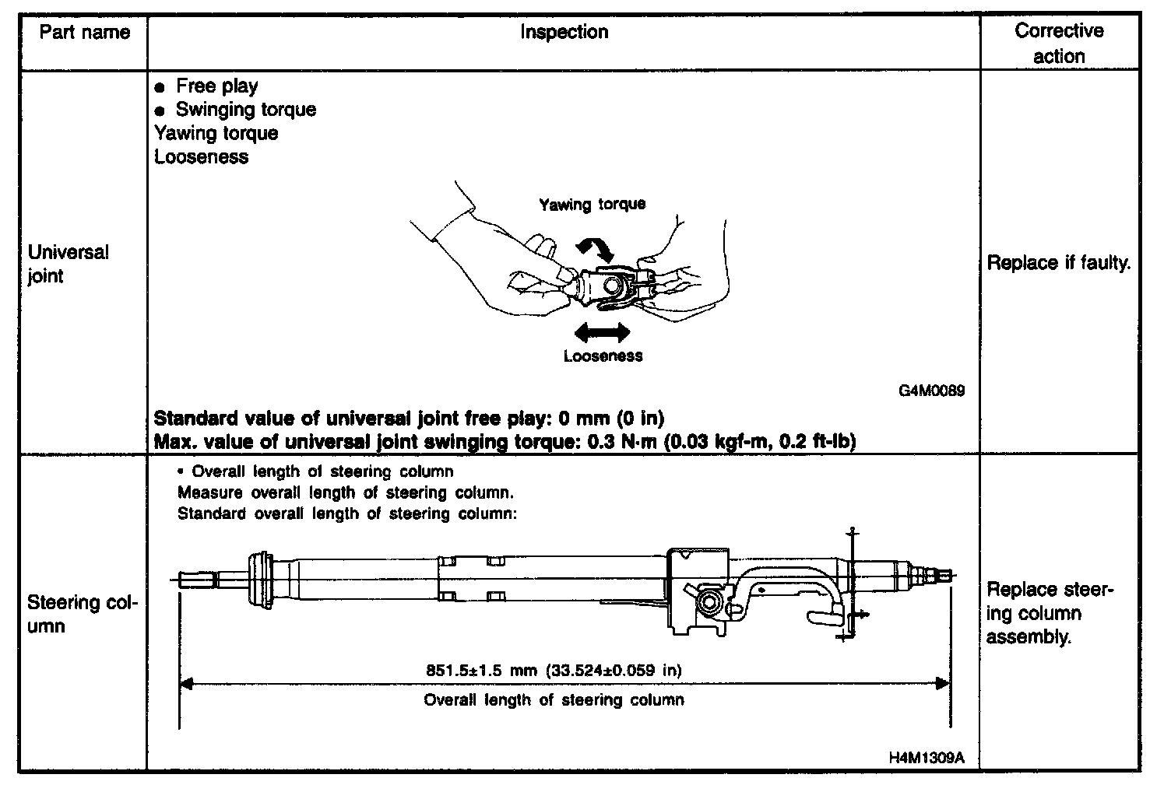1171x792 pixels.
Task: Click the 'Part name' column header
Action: (x=84, y=33)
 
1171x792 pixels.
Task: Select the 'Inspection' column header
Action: (x=564, y=32)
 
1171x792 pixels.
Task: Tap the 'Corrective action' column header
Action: (x=1059, y=44)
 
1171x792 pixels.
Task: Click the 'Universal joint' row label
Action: (x=69, y=265)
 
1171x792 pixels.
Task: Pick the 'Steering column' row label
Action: (x=83, y=614)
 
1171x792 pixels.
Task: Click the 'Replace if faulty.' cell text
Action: (x=1059, y=263)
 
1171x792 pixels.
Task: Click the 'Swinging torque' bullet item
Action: (x=245, y=109)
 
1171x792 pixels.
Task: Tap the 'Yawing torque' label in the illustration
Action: (x=593, y=204)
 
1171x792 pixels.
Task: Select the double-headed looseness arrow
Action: (x=602, y=333)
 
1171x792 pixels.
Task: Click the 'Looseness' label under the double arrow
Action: (x=603, y=356)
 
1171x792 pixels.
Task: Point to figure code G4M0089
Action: (x=931, y=391)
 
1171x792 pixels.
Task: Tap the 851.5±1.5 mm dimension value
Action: (x=554, y=670)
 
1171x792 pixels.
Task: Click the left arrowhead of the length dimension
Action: (x=186, y=684)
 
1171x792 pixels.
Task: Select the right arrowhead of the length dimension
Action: (x=943, y=684)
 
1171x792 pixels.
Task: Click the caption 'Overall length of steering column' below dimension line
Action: (x=554, y=700)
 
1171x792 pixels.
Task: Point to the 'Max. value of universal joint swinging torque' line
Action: (x=505, y=442)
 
